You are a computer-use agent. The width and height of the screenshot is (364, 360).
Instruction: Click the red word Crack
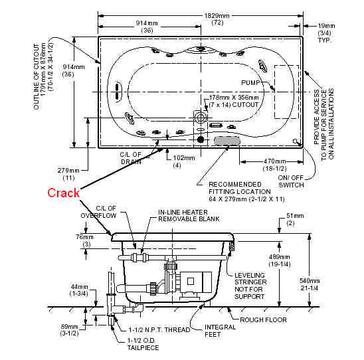63,193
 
